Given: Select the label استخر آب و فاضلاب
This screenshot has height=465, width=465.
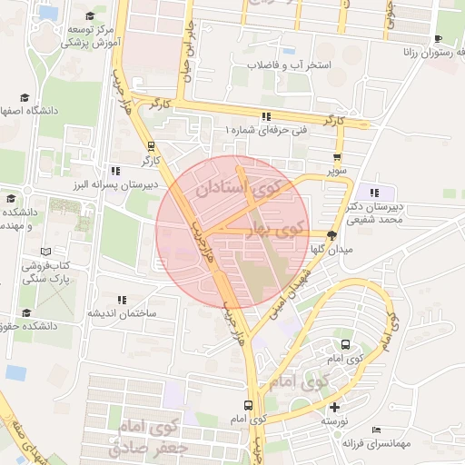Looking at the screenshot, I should coord(282,66).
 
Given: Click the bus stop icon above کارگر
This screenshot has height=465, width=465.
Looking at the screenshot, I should coord(151,146).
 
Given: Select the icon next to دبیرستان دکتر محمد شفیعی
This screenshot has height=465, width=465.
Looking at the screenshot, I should coord(373,192).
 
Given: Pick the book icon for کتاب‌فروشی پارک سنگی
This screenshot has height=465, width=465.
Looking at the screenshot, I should coord(45,251).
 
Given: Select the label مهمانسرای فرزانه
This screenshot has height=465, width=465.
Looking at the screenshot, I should coord(377,443).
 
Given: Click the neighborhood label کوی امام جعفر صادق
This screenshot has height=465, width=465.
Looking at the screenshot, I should coord(145,436).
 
